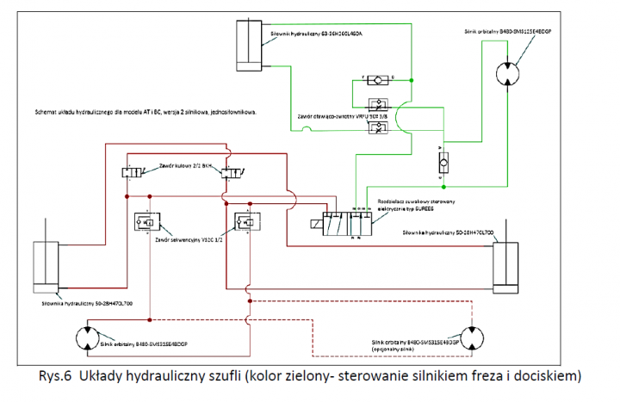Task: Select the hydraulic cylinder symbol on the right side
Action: [507, 263]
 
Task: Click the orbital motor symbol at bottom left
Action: [89, 340]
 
